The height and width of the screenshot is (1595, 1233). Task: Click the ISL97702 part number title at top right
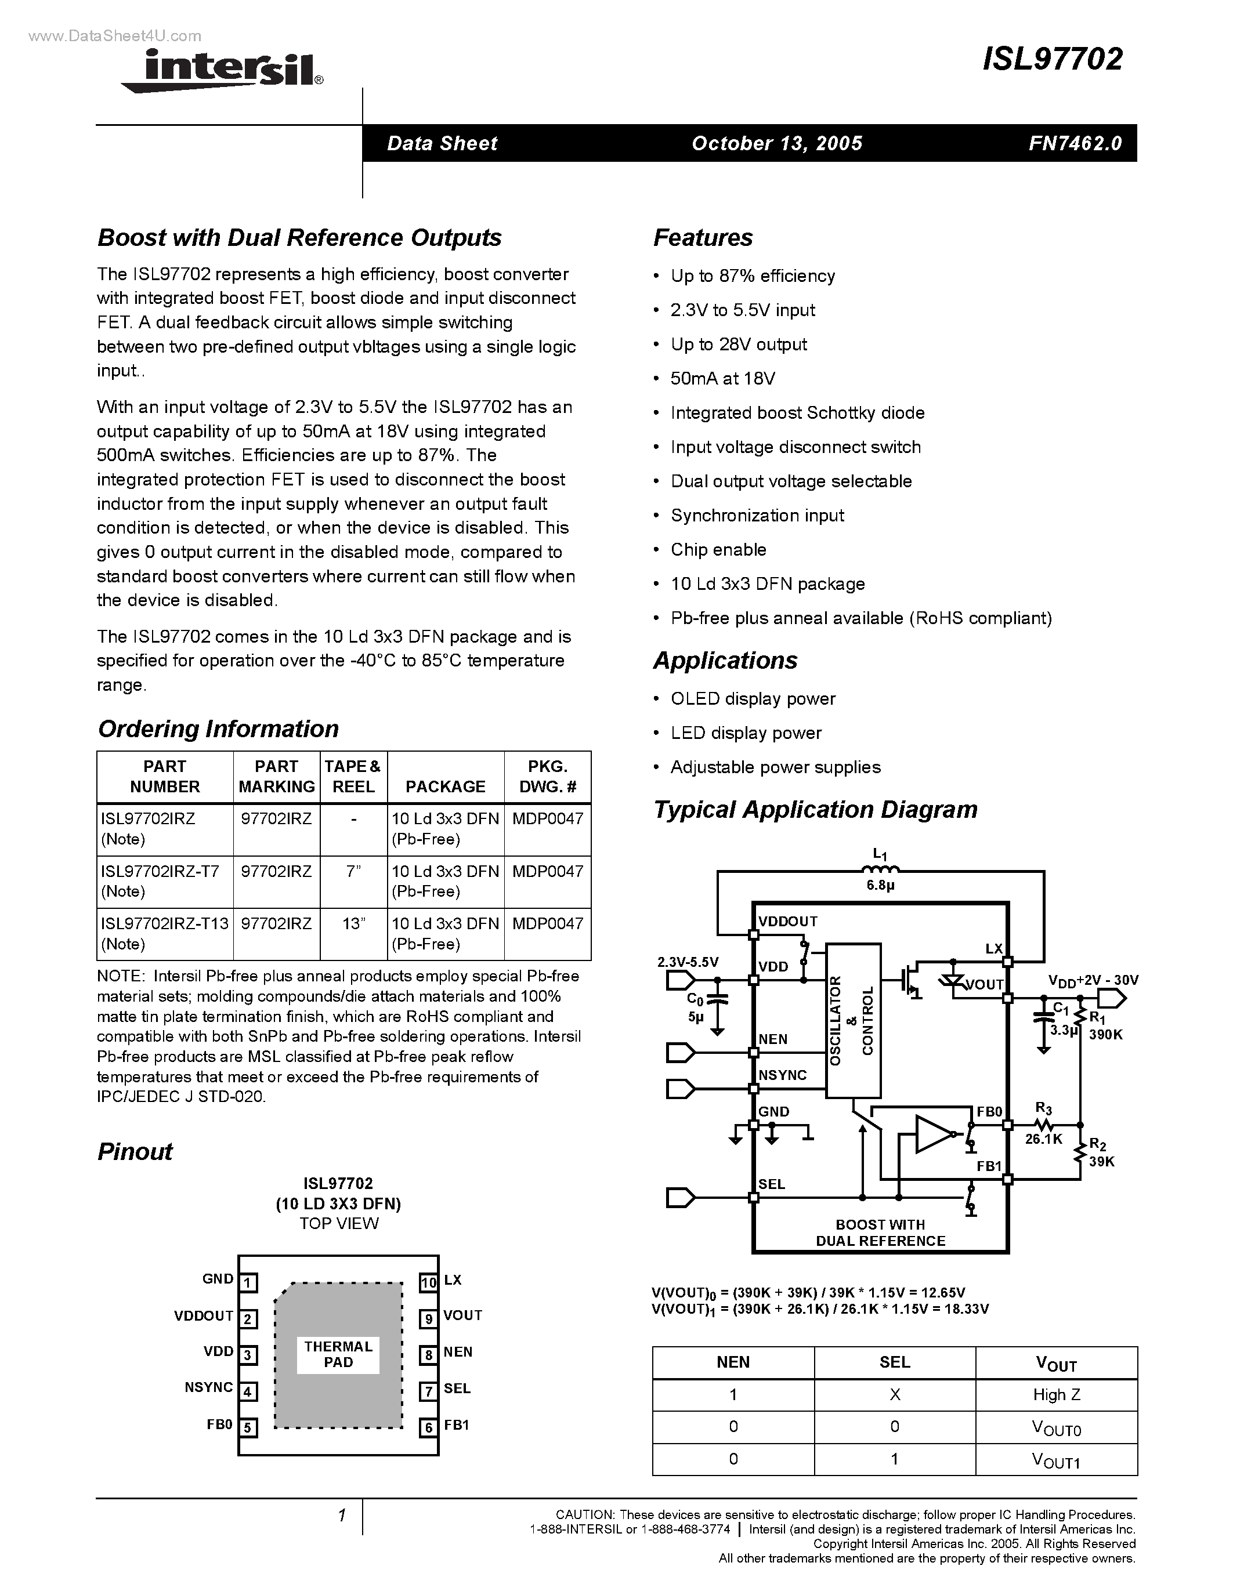point(1052,59)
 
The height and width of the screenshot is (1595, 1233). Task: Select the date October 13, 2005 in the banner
point(776,143)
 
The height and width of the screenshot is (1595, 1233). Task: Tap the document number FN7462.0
point(1075,143)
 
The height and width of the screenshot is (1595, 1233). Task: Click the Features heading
point(702,237)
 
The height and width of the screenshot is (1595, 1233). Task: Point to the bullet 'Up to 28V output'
point(739,344)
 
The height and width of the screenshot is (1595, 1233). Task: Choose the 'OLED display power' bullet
point(753,698)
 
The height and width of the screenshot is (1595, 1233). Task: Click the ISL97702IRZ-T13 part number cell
point(164,923)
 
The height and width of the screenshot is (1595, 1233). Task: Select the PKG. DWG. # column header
point(547,776)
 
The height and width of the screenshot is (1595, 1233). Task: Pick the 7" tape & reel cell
point(353,871)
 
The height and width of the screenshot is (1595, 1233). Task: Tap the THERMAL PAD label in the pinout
point(338,1354)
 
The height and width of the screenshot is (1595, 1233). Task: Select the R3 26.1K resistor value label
point(1043,1138)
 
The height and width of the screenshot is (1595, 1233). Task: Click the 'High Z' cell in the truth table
point(1056,1395)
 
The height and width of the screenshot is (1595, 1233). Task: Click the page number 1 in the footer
point(341,1516)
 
